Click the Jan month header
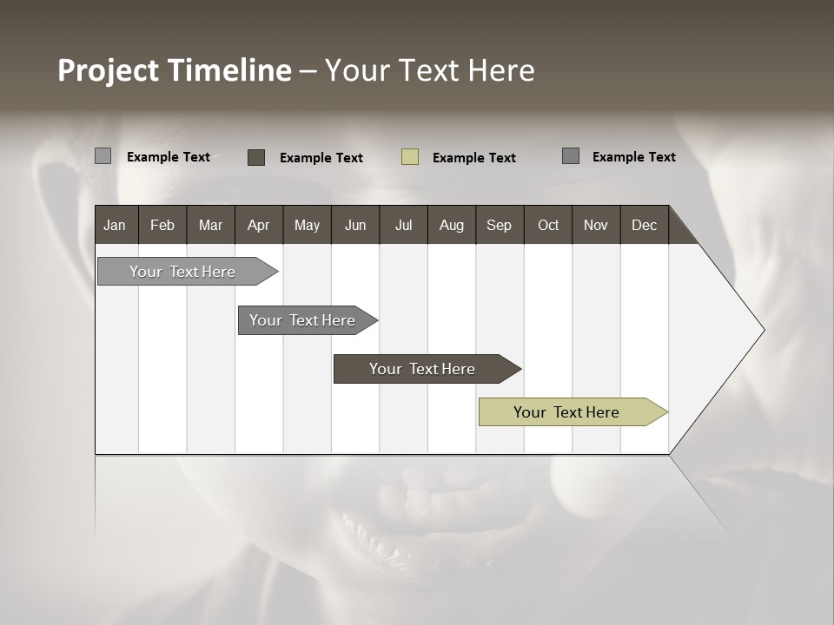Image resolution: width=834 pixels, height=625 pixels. pos(116,225)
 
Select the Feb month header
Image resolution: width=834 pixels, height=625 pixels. pos(162,225)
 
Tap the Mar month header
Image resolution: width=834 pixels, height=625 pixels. pos(210,225)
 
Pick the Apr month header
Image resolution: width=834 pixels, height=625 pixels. pos(259,225)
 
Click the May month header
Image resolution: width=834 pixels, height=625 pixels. pos(307,225)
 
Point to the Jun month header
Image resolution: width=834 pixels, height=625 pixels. pos(355,225)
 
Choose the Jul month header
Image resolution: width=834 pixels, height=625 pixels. pos(403,225)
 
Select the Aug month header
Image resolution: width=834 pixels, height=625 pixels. pos(452,225)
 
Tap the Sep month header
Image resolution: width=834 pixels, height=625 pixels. pos(500,225)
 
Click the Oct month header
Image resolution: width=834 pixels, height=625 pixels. pos(548,225)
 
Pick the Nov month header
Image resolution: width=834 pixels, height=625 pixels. pos(596,225)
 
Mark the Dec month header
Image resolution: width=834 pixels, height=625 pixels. pos(645,225)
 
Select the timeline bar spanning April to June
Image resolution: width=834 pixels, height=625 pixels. pos(304,320)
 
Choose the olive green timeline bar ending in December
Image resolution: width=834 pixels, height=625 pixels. pos(569,412)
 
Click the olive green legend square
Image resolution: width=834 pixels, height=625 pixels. pos(410,157)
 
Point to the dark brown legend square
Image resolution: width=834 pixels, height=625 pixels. pos(256,157)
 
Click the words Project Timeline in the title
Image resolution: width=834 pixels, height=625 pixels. pos(175,70)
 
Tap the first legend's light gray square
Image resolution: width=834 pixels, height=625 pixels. pos(103,156)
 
